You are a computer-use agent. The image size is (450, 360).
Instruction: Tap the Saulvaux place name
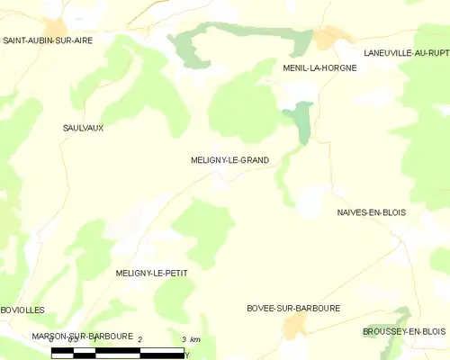[x=83, y=128]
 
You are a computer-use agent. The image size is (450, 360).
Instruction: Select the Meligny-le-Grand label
[x=229, y=160]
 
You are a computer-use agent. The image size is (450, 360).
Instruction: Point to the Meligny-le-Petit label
[x=152, y=272]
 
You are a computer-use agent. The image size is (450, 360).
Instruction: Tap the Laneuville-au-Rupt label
[x=406, y=53]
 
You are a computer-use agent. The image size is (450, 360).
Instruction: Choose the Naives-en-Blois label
[x=371, y=212]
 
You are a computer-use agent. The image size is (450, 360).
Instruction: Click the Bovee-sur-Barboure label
[x=293, y=308]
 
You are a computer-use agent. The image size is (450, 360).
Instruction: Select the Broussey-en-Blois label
[x=404, y=331]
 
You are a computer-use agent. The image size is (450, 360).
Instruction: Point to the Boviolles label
[x=22, y=310]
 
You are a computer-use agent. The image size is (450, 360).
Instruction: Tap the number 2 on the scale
[x=140, y=337]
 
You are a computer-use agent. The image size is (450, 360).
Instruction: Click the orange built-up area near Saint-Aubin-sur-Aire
[x=56, y=27]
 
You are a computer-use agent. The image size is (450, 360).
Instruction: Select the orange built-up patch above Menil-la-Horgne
[x=328, y=37]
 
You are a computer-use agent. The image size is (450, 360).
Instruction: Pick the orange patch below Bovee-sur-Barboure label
[x=293, y=328]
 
